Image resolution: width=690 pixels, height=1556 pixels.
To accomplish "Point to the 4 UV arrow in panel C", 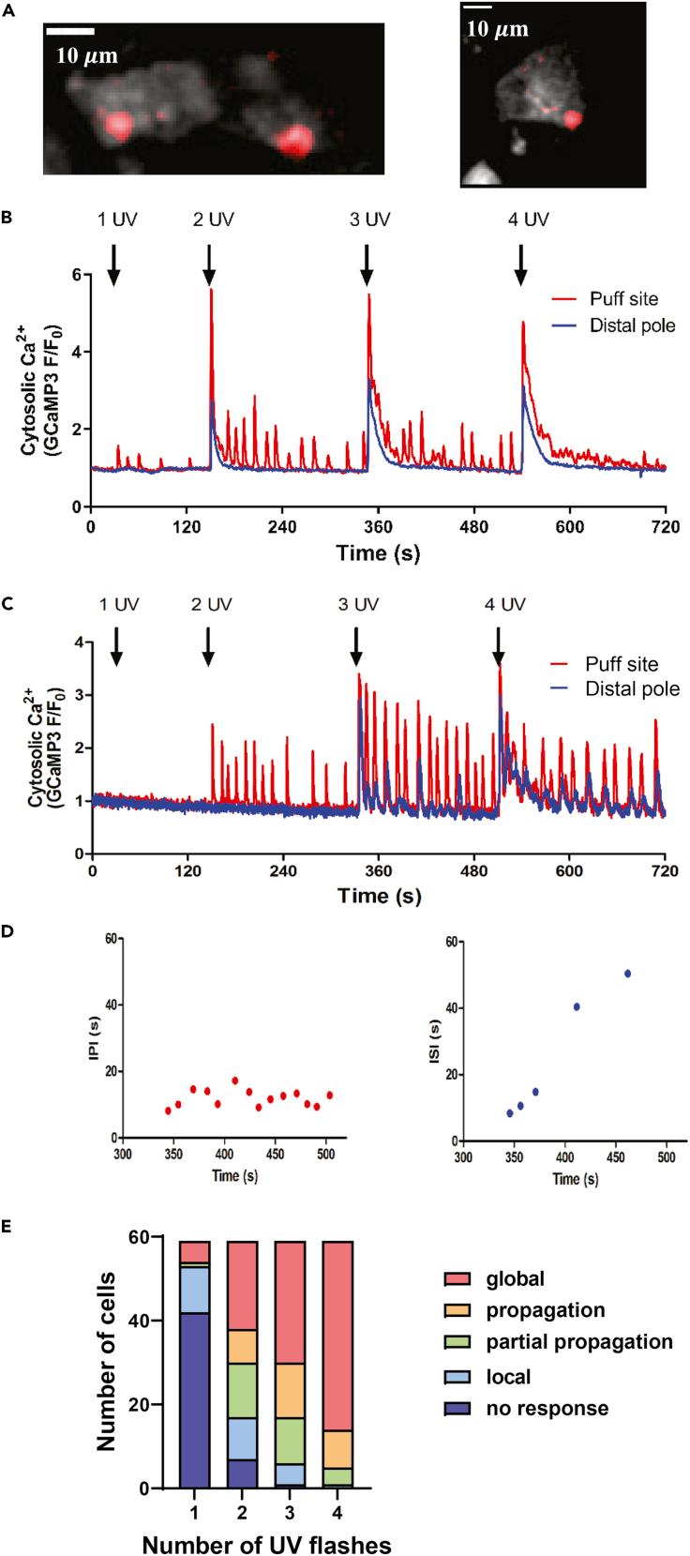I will click(499, 646).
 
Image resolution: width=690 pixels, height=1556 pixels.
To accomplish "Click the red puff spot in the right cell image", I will click(573, 119).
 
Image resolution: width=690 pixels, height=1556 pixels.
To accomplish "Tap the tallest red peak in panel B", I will click(212, 291).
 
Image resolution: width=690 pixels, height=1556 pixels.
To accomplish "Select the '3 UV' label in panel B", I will click(366, 219).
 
